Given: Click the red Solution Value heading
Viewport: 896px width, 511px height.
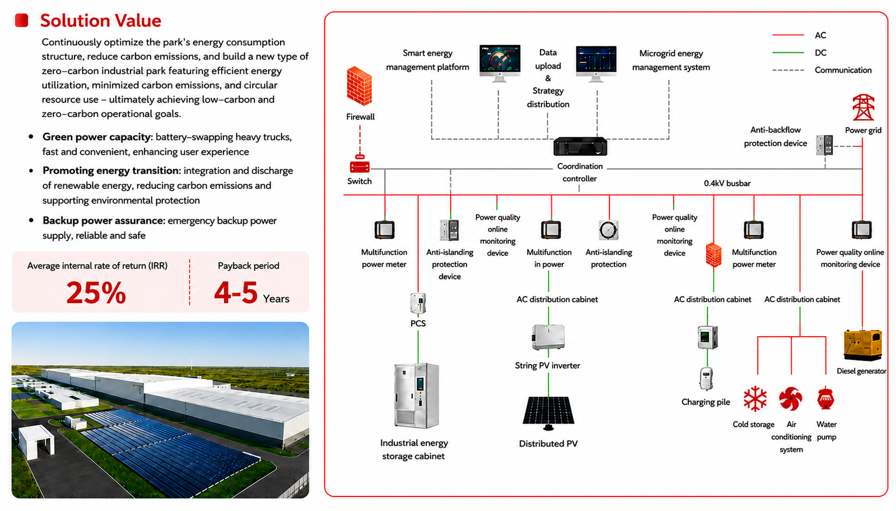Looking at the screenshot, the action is point(100,20).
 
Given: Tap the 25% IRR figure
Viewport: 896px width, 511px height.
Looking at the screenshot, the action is point(96,292).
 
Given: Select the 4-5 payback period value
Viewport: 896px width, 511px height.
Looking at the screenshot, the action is point(236,292).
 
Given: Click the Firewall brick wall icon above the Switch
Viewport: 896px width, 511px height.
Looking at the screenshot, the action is point(359,86).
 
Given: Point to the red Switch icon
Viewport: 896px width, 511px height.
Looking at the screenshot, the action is point(360,164).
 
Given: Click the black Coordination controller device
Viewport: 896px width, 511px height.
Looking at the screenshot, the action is point(580,146).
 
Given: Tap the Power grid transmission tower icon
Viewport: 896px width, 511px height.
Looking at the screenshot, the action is point(863,107).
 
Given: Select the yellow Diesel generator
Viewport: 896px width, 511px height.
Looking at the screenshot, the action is point(862,345).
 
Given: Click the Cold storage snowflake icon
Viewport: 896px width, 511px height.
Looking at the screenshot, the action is point(755,398).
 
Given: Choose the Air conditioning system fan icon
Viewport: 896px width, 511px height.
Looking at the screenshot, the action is point(791,398).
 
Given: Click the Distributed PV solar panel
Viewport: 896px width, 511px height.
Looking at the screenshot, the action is point(548,413).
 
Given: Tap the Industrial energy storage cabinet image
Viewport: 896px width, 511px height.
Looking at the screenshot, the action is point(417,396).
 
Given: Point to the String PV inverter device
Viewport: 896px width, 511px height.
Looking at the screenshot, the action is point(548,337).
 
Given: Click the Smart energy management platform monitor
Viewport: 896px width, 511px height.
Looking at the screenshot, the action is point(500,63).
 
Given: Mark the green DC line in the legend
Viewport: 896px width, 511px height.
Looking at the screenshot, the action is point(788,53).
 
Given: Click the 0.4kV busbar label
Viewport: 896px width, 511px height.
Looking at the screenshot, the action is point(727,183).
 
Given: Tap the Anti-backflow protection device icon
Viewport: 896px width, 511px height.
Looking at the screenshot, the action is point(824,145).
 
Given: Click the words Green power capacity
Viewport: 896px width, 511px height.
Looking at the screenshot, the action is point(97,137).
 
